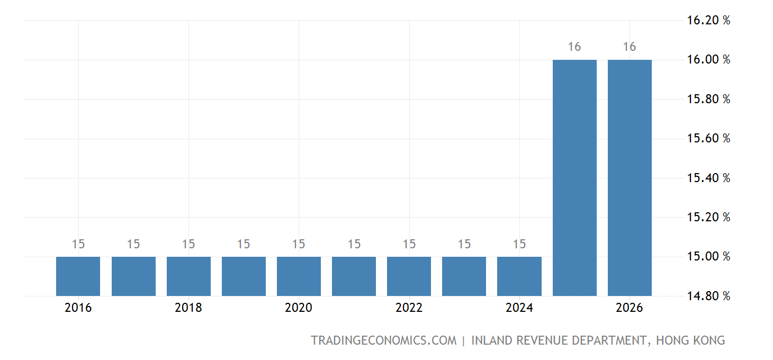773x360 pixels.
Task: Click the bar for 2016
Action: point(78,276)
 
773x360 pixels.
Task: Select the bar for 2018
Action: point(188,276)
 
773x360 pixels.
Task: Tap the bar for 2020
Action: point(299,276)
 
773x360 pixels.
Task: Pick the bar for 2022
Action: point(409,276)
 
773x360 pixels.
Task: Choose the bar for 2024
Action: point(519,276)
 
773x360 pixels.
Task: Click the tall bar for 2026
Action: point(630,177)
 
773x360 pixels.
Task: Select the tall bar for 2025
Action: point(574,177)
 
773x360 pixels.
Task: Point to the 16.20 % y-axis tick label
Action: point(708,21)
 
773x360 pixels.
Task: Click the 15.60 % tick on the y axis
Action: point(708,139)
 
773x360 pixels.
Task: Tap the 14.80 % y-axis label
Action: point(708,296)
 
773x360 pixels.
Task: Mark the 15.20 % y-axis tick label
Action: point(708,217)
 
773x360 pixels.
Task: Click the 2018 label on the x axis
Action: point(188,308)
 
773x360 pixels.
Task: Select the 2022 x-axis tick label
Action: point(409,308)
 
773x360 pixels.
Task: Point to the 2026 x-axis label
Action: point(630,308)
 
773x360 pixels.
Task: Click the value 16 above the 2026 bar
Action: point(630,47)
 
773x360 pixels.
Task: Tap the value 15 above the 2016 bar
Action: point(78,245)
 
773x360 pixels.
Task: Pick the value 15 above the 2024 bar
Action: point(519,245)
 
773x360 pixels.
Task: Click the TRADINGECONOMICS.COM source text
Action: point(383,340)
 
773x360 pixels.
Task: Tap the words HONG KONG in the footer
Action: point(690,340)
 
